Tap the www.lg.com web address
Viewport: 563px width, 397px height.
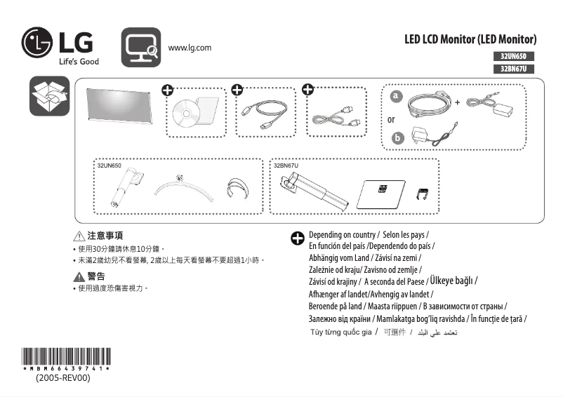click(x=190, y=48)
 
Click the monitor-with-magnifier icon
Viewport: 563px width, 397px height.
click(x=141, y=47)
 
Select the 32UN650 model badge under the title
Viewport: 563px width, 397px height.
click(x=513, y=55)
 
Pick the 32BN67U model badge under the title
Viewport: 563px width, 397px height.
click(x=513, y=69)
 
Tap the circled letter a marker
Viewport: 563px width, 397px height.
click(x=397, y=96)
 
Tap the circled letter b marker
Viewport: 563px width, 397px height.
click(x=398, y=137)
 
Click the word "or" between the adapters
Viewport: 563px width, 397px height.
click(x=391, y=119)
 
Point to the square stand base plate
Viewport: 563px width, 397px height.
click(x=383, y=193)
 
